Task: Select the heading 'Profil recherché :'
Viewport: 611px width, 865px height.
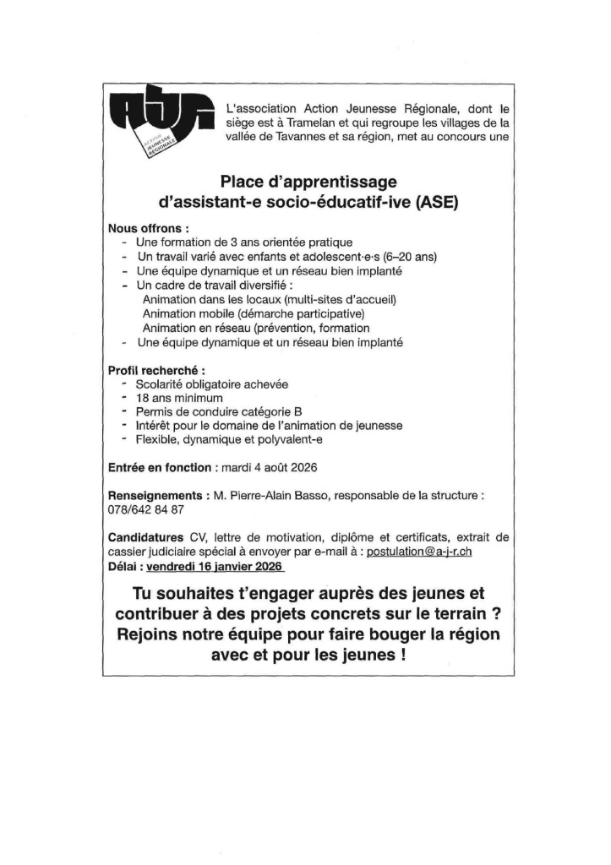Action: point(157,371)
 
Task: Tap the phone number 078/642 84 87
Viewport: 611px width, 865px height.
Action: point(145,510)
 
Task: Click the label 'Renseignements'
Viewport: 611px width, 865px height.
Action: point(155,496)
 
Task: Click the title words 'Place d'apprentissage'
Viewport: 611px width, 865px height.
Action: point(308,181)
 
